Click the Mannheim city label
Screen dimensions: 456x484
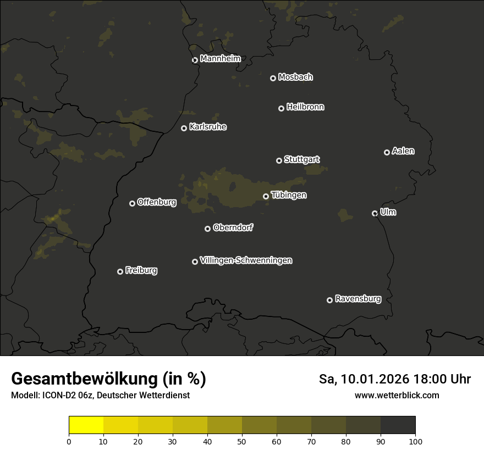[x=220, y=59]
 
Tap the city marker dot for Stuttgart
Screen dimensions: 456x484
[x=279, y=160]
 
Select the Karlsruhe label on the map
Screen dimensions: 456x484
[x=207, y=127]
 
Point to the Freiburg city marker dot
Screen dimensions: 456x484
[x=120, y=271]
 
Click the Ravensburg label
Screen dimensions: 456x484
[x=358, y=299]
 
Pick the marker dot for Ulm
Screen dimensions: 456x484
[x=375, y=213]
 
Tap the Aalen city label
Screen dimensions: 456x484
[x=403, y=151]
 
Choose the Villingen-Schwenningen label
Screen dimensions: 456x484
[x=246, y=260]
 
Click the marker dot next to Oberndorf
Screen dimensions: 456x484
[x=207, y=229]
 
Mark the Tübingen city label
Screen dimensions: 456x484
[x=289, y=195]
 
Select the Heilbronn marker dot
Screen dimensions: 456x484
[x=281, y=108]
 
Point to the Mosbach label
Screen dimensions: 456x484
[x=295, y=77]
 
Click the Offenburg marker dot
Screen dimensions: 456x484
[x=132, y=203]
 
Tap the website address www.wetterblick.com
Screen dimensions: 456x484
[x=397, y=395]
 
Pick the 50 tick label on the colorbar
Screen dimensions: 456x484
[x=242, y=441]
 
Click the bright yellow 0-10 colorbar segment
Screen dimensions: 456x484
[x=86, y=425]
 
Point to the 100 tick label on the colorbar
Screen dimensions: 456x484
[x=415, y=441]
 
